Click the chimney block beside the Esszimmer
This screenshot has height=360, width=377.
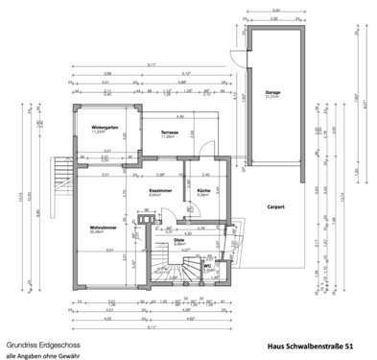145,219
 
